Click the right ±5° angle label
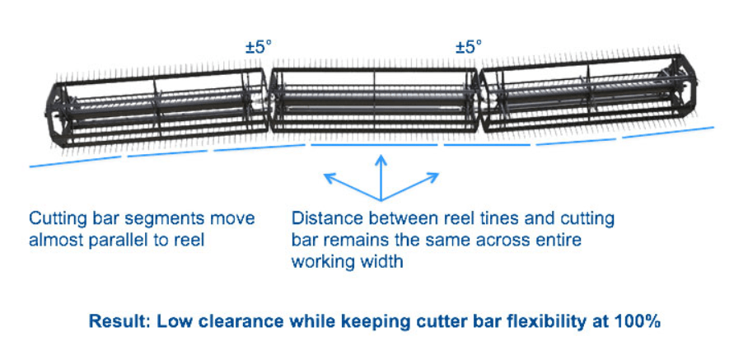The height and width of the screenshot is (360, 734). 469,48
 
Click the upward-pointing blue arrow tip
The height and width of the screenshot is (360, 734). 381,158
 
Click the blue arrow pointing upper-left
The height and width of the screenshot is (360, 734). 330,175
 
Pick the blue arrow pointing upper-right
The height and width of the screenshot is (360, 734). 434,175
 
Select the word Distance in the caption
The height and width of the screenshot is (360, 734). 325,219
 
